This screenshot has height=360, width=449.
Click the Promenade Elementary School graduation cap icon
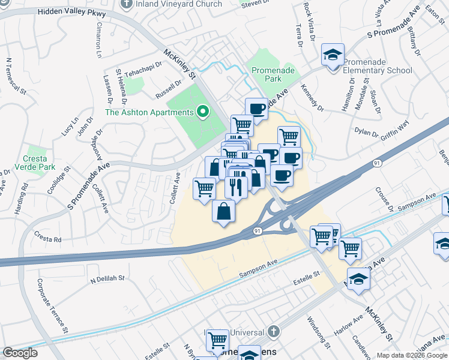tap(333, 55)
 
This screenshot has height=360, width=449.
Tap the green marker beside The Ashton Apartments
tap(203, 112)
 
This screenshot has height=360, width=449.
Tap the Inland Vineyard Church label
tap(178, 4)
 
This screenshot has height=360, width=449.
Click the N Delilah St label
tap(107, 278)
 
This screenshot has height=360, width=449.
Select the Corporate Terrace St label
tap(52, 305)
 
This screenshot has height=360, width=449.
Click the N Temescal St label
tap(16, 76)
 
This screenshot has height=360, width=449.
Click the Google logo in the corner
tap(20, 353)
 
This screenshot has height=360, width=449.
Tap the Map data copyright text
tap(412, 355)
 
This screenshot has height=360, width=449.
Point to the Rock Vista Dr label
tap(309, 22)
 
